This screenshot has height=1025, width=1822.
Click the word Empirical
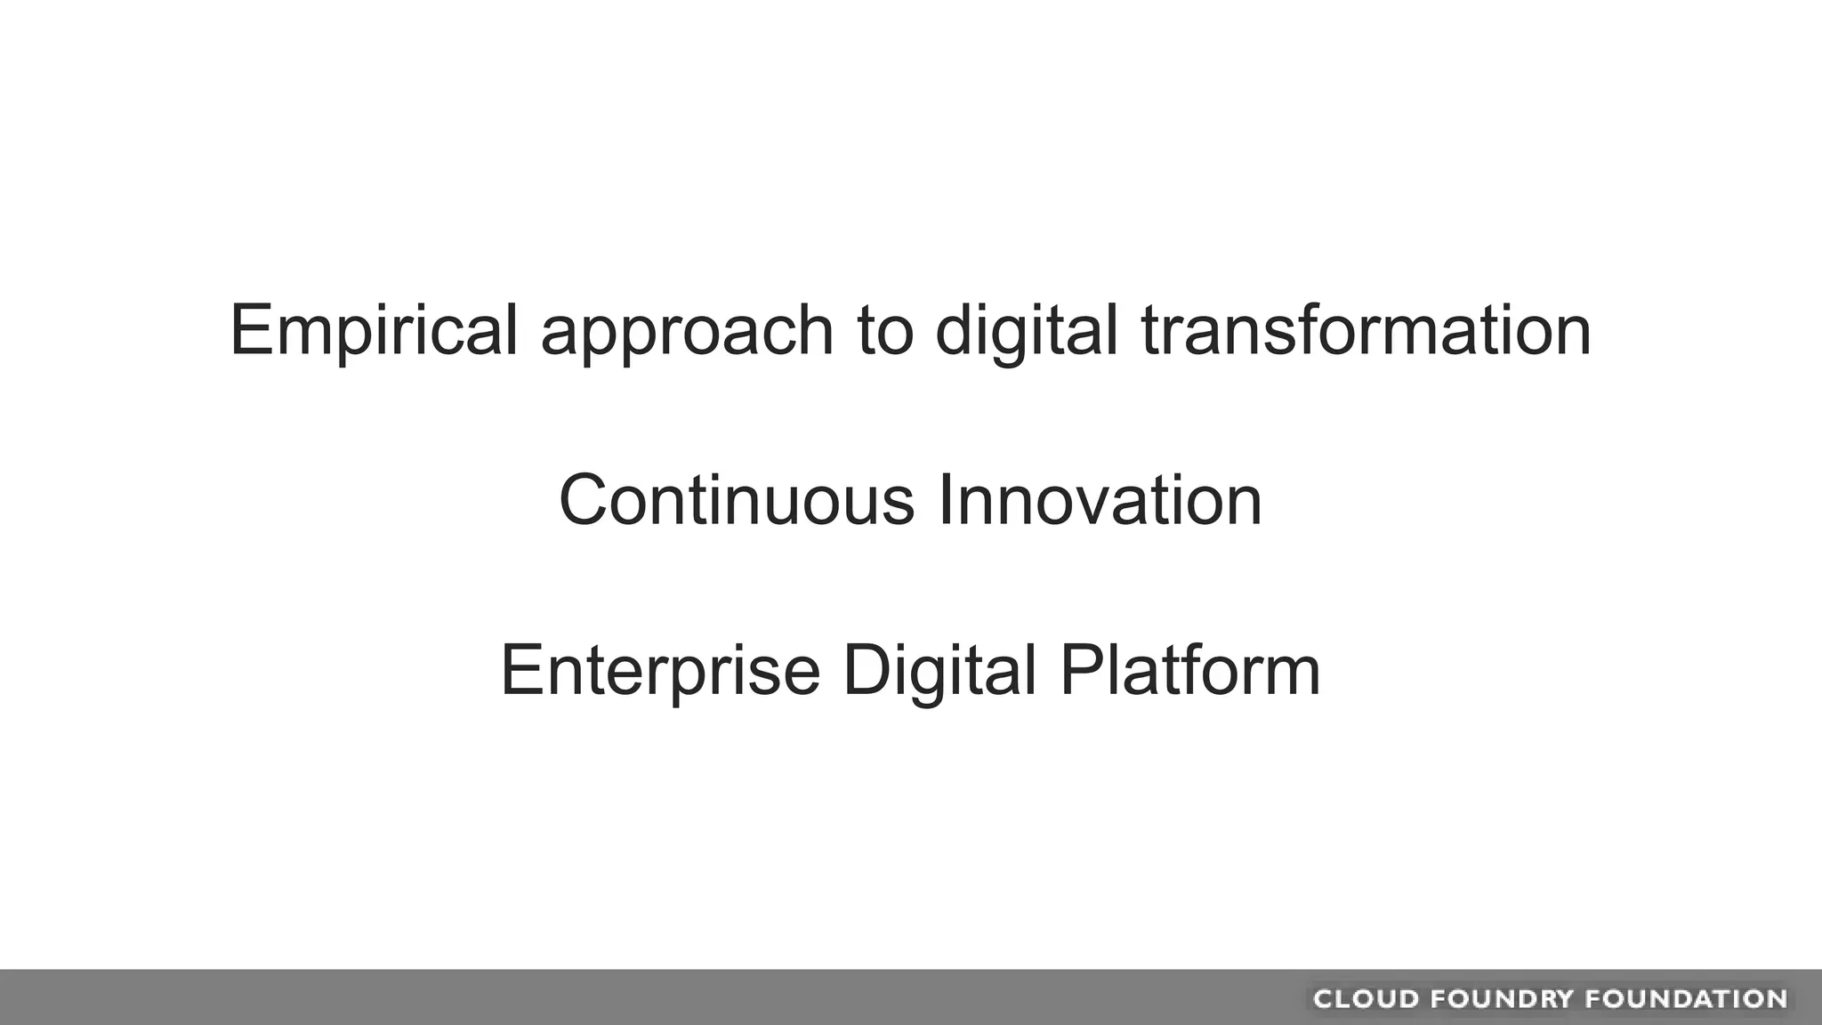tap(374, 330)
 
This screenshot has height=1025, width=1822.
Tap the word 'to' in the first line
tap(885, 330)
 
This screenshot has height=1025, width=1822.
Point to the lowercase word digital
tap(1026, 332)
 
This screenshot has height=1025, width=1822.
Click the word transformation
tap(1366, 330)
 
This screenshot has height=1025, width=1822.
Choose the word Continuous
tap(737, 500)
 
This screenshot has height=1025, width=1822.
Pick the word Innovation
tap(1100, 500)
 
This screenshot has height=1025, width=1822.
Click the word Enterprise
tap(660, 672)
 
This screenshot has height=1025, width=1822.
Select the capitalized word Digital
tap(939, 672)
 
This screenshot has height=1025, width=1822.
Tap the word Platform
tap(1189, 670)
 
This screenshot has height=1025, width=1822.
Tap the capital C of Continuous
tap(587, 500)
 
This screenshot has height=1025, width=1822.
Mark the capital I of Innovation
tap(945, 500)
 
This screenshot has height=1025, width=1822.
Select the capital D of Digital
tap(866, 670)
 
